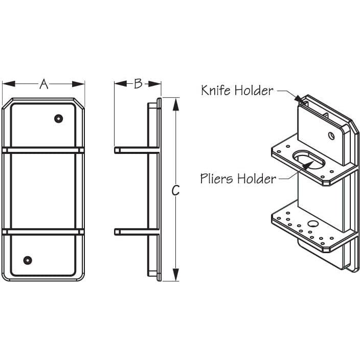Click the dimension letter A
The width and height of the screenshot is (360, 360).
point(44,84)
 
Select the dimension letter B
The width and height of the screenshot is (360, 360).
point(138,84)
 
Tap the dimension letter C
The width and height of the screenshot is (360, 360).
point(175,190)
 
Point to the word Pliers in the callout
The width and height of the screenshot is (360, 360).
point(217,178)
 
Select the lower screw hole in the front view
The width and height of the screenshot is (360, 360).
point(28,260)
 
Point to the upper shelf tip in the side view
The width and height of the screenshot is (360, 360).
point(117,150)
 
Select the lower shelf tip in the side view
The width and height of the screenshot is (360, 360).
point(117,232)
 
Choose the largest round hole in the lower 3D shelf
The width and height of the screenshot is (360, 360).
point(311,223)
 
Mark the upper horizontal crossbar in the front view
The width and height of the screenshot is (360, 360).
point(43,150)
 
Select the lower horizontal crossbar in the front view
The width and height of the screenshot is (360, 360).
point(43,232)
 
